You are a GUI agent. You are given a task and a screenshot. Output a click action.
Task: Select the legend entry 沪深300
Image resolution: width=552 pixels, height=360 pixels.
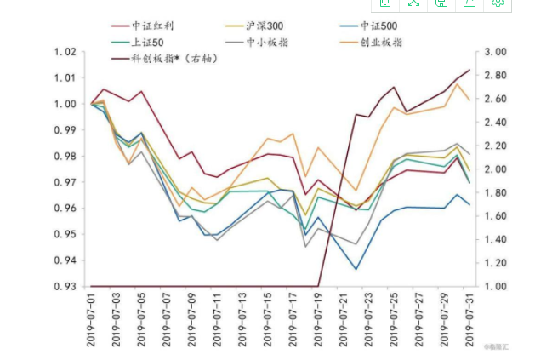tap(265, 26)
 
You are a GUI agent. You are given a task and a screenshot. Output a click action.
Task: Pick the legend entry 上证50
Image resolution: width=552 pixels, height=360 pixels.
tap(147, 42)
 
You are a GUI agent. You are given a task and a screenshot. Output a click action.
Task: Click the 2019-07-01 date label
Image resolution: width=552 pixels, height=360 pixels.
tap(91, 320)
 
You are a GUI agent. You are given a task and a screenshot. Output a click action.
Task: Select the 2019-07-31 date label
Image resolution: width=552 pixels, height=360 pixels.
tap(469, 320)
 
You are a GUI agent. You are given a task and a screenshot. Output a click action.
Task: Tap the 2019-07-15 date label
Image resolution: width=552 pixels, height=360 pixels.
tap(268, 320)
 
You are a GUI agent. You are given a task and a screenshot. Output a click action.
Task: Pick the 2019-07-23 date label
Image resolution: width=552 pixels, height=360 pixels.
tap(368, 320)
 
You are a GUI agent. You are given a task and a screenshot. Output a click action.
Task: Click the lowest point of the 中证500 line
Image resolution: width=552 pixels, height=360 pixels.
tap(356, 270)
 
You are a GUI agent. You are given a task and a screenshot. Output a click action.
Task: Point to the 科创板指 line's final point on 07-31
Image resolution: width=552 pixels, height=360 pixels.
tap(469, 70)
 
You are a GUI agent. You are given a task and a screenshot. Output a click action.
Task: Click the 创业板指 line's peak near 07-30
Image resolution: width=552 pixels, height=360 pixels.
tap(458, 83)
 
